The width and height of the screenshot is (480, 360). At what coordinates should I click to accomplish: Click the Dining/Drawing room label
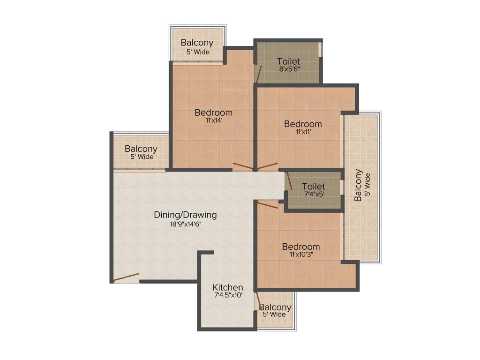pyautogui.click(x=185, y=215)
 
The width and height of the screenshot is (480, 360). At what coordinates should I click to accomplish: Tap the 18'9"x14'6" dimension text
pyautogui.click(x=185, y=224)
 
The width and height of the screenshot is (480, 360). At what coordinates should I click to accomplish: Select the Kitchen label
pyautogui.click(x=228, y=287)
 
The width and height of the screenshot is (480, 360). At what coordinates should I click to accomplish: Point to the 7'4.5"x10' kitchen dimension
pyautogui.click(x=228, y=295)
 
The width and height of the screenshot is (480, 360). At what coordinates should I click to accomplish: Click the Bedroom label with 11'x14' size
pyautogui.click(x=213, y=112)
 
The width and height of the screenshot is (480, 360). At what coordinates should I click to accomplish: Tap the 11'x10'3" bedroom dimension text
pyautogui.click(x=301, y=255)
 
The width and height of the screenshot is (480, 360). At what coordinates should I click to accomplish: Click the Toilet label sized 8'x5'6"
pyautogui.click(x=288, y=61)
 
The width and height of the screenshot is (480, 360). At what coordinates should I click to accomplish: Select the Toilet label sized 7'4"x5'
pyautogui.click(x=314, y=187)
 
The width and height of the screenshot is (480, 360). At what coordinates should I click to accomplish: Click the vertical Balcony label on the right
pyautogui.click(x=358, y=185)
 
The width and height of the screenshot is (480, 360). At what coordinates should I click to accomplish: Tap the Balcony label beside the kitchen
pyautogui.click(x=275, y=307)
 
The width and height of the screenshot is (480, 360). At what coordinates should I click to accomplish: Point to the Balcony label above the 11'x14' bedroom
pyautogui.click(x=197, y=43)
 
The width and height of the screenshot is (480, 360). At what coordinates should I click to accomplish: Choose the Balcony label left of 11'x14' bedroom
pyautogui.click(x=141, y=149)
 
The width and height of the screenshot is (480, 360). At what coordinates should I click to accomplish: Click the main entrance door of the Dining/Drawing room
pyautogui.click(x=126, y=277)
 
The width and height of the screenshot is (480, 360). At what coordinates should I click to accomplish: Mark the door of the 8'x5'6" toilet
pyautogui.click(x=258, y=74)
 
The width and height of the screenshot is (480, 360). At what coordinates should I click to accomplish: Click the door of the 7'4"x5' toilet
pyautogui.click(x=289, y=181)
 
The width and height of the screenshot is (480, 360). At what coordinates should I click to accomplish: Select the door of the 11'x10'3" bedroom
pyautogui.click(x=267, y=204)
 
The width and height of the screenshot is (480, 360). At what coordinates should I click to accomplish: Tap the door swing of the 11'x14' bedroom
pyautogui.click(x=242, y=166)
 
